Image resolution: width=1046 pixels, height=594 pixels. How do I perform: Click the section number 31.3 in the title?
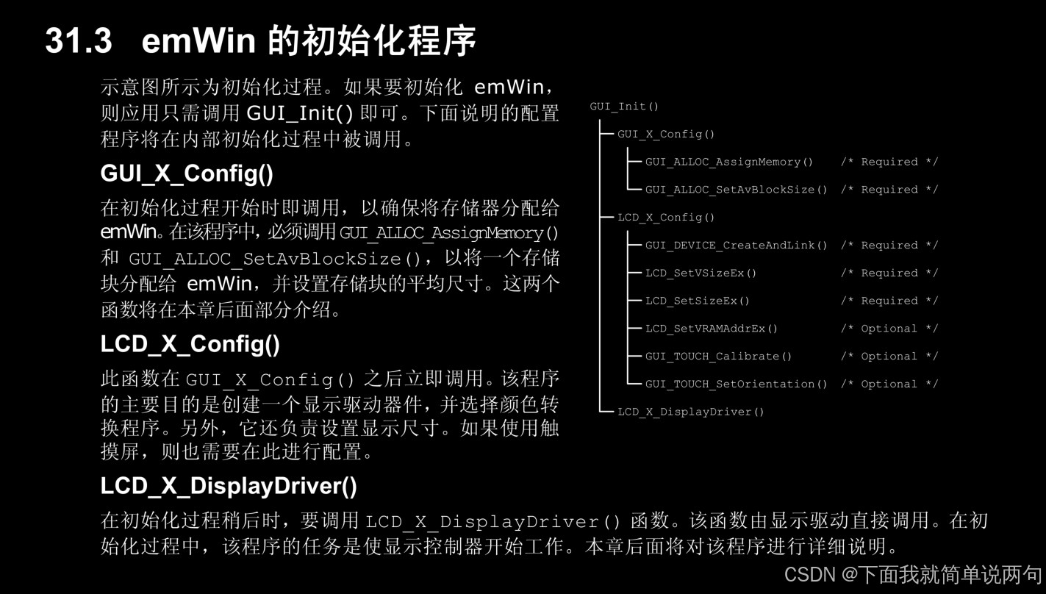pos(79,40)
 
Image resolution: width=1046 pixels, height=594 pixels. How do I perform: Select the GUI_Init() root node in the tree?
pos(624,107)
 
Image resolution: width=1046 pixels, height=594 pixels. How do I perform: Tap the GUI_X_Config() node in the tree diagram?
pos(666,135)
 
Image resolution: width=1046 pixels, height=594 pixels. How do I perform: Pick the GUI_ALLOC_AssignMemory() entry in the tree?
pos(729,162)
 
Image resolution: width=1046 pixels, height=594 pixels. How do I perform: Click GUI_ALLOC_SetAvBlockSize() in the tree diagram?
pos(736,190)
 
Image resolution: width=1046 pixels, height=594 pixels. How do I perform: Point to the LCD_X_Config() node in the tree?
pos(666,218)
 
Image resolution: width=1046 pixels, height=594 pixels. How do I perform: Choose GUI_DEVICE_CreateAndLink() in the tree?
pos(736,246)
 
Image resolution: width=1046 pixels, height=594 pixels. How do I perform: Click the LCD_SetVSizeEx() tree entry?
pos(701,273)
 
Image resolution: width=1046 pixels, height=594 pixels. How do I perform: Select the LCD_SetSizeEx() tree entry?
pos(698,301)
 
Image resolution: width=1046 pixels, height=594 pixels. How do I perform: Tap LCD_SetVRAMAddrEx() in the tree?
pos(712,329)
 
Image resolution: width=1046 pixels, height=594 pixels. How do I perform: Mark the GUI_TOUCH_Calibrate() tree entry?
pos(718,357)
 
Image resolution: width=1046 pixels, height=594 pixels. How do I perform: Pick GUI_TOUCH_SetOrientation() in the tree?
pos(736,384)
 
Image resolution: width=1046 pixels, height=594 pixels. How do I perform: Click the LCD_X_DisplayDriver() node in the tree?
pos(691,412)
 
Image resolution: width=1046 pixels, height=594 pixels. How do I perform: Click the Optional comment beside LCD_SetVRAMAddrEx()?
pos(889,329)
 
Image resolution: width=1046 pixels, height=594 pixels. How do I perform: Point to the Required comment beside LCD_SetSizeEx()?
pos(889,301)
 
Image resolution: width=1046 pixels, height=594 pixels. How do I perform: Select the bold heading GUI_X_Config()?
pos(187,174)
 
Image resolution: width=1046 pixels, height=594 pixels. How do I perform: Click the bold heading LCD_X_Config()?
pos(190,344)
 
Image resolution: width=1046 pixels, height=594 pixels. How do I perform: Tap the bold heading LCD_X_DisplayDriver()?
pos(229,486)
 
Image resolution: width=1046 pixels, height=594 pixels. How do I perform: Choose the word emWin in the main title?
pos(198,40)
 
